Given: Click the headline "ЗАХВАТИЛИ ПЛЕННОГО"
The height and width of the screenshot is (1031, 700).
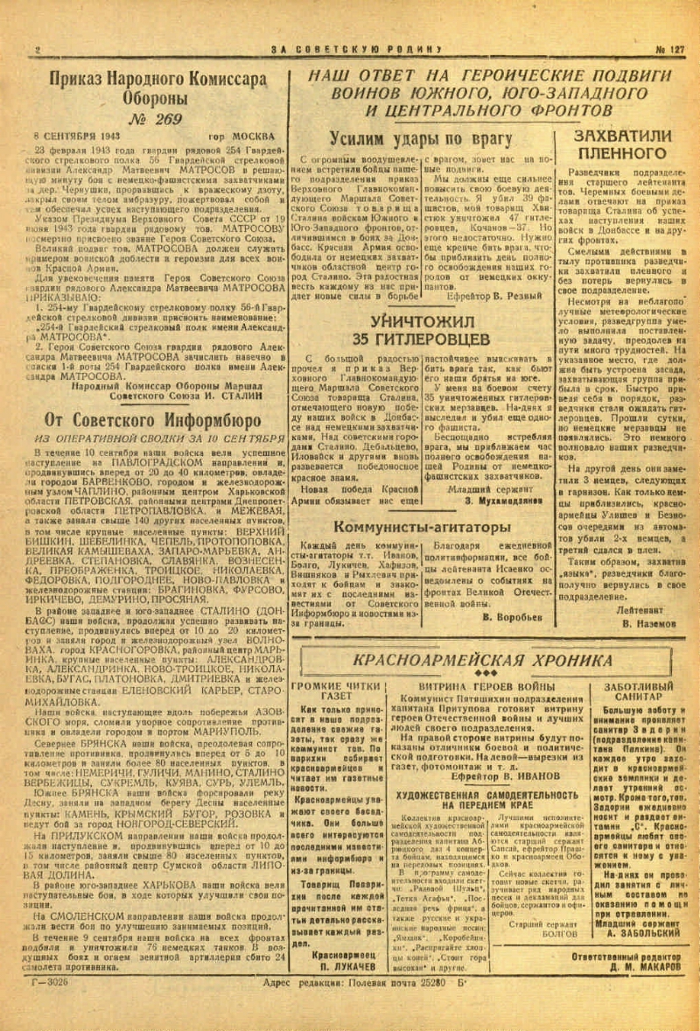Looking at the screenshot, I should coord(622,146).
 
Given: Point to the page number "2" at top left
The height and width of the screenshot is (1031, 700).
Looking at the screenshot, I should coord(38,49).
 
